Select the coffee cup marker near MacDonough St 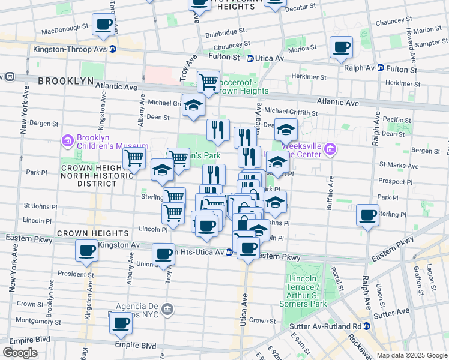pyautogui.click(x=104, y=25)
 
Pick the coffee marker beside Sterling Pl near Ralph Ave pyautogui.click(x=367, y=214)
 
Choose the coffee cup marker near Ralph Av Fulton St pyautogui.click(x=342, y=47)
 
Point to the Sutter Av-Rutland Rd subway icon pyautogui.click(x=367, y=326)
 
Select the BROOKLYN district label pyautogui.click(x=65, y=80)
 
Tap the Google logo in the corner pyautogui.click(x=20, y=353)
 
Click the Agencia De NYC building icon pyautogui.click(x=168, y=309)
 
